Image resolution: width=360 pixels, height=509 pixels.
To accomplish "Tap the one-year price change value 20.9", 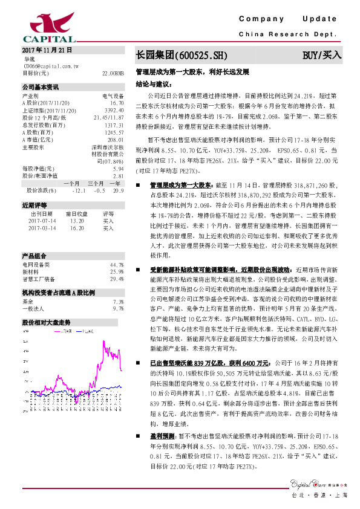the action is (118, 190).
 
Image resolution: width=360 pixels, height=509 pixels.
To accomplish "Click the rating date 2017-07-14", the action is (42, 221).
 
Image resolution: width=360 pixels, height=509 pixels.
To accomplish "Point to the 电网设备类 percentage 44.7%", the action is (117, 264).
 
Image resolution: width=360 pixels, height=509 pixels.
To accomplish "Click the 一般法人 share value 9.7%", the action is (118, 308).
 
